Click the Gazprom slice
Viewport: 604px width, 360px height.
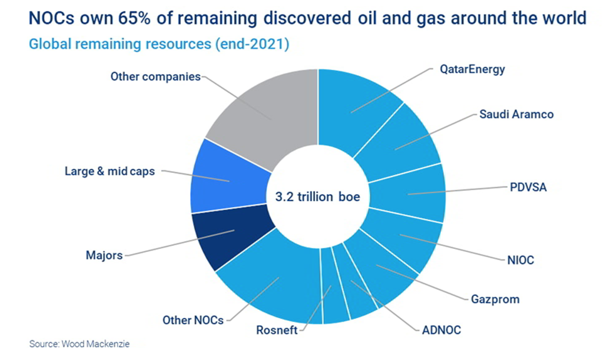click(380, 269)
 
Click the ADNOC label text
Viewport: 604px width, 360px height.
click(442, 330)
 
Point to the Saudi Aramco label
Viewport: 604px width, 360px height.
click(516, 114)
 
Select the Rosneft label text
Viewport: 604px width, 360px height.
click(277, 330)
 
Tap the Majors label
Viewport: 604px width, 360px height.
click(104, 255)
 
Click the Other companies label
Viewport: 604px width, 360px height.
click(155, 76)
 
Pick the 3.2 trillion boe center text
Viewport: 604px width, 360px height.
click(318, 196)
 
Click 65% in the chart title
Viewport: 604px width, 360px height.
click(134, 18)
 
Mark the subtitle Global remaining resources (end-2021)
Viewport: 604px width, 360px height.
click(159, 44)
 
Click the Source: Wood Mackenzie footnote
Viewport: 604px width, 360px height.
click(79, 344)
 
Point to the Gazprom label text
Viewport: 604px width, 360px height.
click(495, 299)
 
